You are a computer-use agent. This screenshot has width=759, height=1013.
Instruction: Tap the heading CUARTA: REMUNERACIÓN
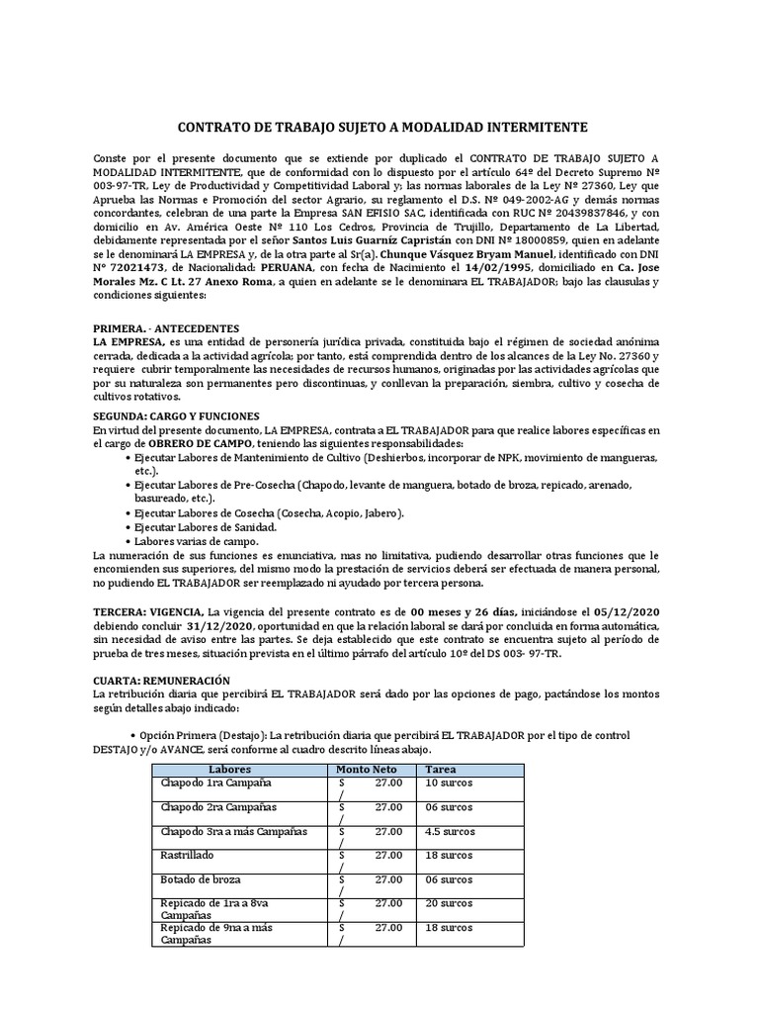click(161, 681)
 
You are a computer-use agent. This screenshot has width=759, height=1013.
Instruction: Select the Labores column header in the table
click(230, 770)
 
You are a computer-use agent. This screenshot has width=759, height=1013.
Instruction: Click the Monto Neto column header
click(366, 770)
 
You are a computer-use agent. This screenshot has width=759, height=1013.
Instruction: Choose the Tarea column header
click(441, 770)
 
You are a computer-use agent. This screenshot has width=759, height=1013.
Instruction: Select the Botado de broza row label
click(201, 879)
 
